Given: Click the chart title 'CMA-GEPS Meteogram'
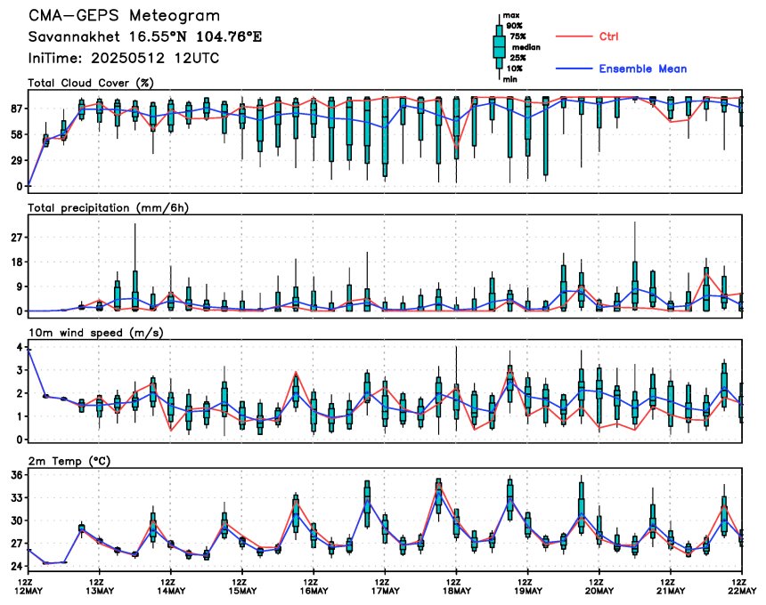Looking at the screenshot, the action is click(x=124, y=16).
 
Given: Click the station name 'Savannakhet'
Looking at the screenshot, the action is click(x=74, y=36).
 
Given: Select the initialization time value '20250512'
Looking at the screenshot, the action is click(x=127, y=58).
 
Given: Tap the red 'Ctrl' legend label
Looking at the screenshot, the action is click(x=608, y=36).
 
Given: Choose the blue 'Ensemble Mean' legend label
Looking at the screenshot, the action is click(x=643, y=69).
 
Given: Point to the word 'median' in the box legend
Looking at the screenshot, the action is click(x=526, y=47).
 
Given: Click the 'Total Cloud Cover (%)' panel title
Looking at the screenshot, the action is click(x=91, y=83).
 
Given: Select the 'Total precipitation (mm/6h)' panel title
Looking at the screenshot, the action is click(x=109, y=208).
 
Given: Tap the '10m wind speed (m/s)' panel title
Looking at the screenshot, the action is click(x=96, y=333).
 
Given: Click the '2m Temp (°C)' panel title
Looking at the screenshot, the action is click(x=69, y=461).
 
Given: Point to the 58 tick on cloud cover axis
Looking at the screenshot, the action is click(x=17, y=134).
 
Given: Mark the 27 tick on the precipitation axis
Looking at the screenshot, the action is click(x=17, y=238).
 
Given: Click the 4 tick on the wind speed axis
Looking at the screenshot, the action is click(x=20, y=347).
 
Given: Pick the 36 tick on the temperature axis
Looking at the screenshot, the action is click(x=17, y=475).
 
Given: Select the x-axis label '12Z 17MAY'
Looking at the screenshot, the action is click(x=385, y=586).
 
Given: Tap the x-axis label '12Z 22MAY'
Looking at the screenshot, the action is click(x=742, y=586).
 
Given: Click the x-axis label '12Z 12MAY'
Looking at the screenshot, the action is click(x=29, y=586).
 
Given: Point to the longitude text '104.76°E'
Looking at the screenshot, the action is click(x=229, y=36).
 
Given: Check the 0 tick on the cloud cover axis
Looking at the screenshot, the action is click(x=20, y=186).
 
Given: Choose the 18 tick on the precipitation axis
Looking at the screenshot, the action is click(x=17, y=262).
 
